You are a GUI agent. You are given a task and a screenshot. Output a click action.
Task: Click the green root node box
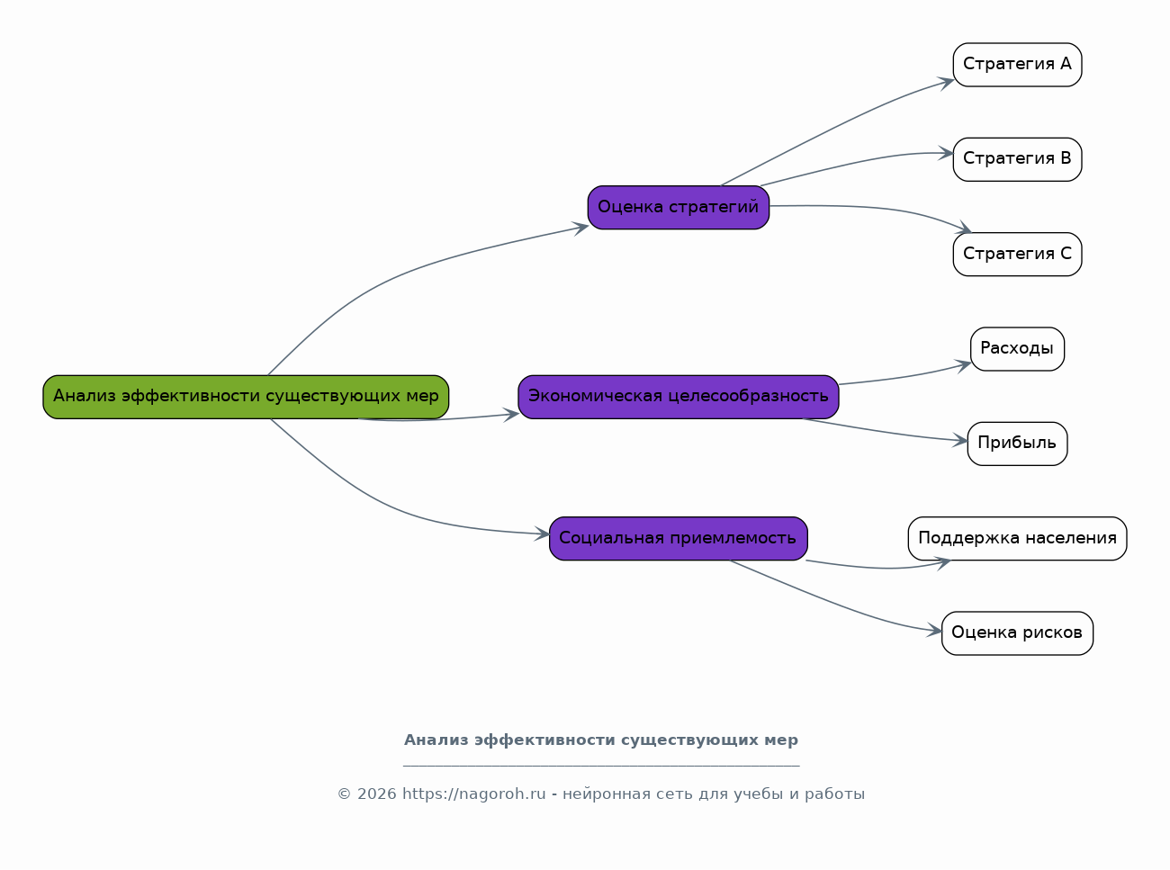246,397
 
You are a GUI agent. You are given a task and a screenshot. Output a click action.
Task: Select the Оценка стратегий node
679,207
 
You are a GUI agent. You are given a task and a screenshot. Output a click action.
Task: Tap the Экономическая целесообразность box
679,397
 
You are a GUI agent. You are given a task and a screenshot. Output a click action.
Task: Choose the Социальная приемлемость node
679,538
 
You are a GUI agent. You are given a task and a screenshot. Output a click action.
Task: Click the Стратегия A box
1018,65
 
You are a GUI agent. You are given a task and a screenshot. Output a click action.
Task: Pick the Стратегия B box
1018,160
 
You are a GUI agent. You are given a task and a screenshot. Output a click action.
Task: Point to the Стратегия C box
1018,254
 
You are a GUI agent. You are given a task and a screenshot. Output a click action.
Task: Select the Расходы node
1018,349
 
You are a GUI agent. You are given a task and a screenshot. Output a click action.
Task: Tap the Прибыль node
1018,444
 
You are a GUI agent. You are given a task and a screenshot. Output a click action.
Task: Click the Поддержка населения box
1018,538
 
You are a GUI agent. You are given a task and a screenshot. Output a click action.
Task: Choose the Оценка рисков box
1018,633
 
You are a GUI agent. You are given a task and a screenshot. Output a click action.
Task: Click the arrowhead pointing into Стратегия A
946,83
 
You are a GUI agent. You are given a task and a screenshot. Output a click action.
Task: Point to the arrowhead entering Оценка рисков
935,630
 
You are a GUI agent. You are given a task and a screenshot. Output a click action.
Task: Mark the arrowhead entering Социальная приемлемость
543,534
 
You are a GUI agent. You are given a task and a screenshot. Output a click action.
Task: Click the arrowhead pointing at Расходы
964,365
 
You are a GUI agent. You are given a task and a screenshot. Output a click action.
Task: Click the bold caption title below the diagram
601,740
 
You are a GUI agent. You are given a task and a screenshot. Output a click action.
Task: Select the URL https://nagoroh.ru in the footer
473,794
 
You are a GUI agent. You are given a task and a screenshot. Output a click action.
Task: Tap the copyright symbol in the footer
344,794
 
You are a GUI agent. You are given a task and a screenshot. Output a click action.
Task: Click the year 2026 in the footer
376,794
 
